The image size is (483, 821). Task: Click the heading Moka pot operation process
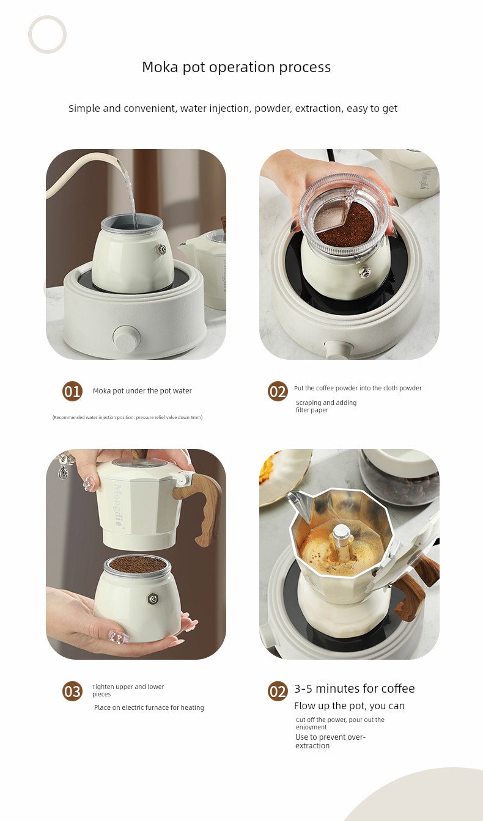point(236,67)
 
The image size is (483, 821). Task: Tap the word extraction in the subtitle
point(318,109)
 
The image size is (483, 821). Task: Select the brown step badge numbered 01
point(72,392)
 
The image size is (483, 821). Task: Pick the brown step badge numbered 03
point(72,691)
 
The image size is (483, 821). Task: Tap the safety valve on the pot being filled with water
point(162,249)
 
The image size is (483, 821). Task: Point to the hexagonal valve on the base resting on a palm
point(153,599)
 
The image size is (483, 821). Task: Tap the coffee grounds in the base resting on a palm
point(137,564)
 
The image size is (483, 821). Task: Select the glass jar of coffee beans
point(400,476)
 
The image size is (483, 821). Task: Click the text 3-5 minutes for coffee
point(354,688)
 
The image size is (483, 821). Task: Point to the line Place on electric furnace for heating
point(149,708)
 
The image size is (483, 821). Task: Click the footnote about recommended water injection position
point(127,417)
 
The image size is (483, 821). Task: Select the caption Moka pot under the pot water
point(142,391)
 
